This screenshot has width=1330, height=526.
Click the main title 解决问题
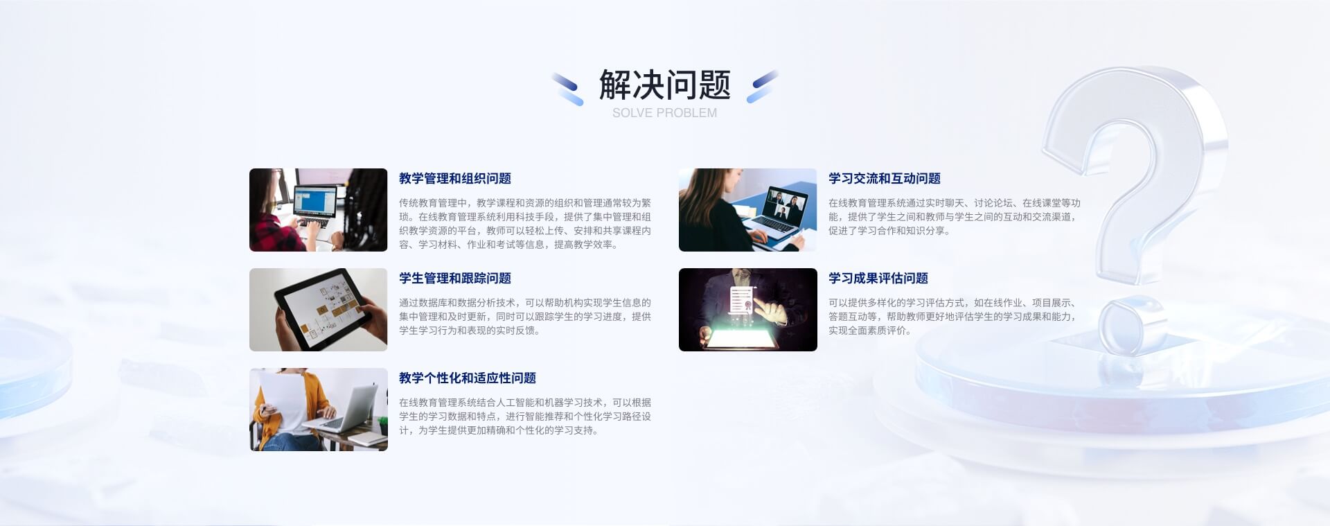(x=664, y=85)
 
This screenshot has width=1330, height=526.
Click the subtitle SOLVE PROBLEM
(x=664, y=113)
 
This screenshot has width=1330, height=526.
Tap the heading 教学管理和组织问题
(x=454, y=179)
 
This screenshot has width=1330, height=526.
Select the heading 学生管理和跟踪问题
(x=454, y=279)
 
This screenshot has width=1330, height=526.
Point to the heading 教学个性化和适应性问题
(x=468, y=378)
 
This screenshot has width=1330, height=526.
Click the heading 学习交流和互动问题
(x=885, y=179)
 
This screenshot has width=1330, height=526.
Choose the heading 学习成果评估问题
(x=878, y=279)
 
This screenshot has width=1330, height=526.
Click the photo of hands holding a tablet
(x=319, y=310)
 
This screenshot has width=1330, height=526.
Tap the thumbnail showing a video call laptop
(x=748, y=210)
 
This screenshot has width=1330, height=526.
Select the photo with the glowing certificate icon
(x=748, y=310)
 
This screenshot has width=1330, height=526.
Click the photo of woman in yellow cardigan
(x=319, y=410)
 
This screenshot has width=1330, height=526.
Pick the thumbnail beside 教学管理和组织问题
(x=319, y=210)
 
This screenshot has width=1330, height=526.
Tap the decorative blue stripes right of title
(x=762, y=87)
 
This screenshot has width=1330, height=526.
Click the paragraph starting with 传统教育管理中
(x=525, y=224)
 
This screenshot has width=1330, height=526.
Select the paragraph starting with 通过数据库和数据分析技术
(x=525, y=317)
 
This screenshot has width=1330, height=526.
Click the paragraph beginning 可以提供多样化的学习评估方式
(x=952, y=317)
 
